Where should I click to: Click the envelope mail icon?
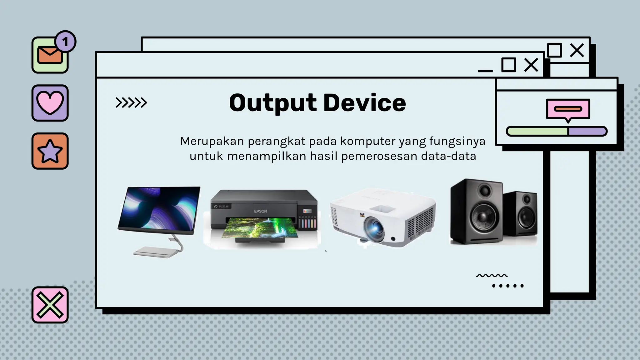click(x=49, y=55)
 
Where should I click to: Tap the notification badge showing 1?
click(x=65, y=42)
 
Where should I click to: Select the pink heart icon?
click(x=50, y=102)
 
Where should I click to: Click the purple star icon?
click(x=50, y=151)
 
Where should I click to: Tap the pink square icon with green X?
click(x=50, y=305)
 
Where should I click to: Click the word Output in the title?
click(x=273, y=103)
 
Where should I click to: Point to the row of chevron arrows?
click(x=131, y=102)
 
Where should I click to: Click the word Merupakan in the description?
click(x=212, y=141)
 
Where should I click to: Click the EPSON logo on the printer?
click(x=260, y=211)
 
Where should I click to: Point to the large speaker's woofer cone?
click(x=484, y=215)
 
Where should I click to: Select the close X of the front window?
click(x=531, y=65)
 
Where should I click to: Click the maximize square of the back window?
click(x=554, y=50)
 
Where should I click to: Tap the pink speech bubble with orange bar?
click(x=568, y=109)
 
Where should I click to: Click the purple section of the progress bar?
click(x=587, y=131)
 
